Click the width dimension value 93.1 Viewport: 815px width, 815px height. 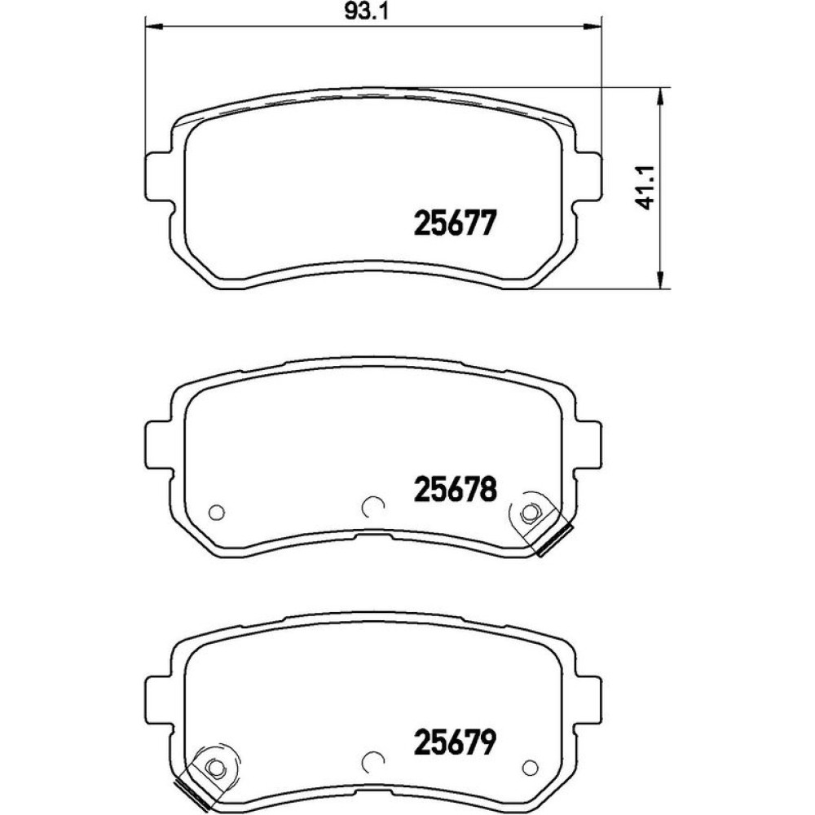(367, 12)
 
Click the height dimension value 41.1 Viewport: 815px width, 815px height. (647, 187)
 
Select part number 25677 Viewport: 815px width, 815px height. (456, 224)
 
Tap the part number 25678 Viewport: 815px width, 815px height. (456, 490)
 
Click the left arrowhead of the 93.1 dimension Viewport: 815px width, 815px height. (154, 25)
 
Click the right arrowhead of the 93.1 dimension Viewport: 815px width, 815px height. (592, 25)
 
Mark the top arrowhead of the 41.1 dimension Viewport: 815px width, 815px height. (660, 97)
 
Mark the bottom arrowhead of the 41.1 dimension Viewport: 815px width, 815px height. (660, 279)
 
